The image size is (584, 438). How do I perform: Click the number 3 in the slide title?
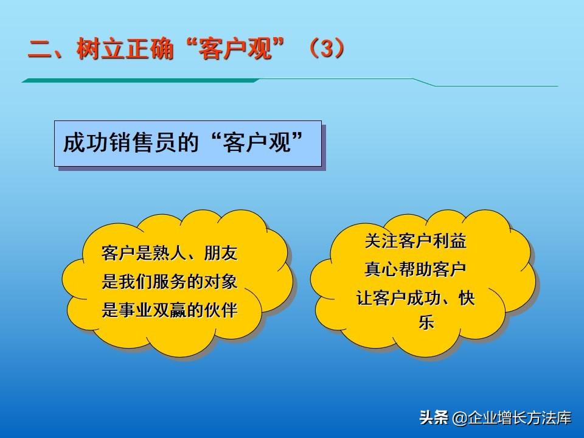327,49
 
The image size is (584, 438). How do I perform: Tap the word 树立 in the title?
100,49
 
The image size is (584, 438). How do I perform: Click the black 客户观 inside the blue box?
256,142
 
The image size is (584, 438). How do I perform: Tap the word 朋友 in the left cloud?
221,253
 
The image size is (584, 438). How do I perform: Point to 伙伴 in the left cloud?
221,310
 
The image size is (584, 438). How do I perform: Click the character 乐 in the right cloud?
426,322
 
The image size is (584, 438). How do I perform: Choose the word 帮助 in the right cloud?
415,269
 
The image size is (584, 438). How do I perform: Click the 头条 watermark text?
434,417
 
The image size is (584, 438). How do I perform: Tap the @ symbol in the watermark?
460,418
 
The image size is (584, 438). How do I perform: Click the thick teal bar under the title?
141,80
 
